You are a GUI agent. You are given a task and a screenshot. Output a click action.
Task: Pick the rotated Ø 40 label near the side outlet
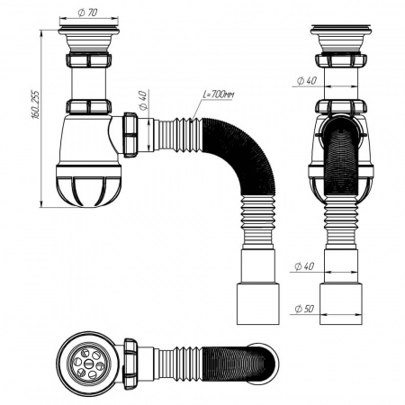tap(143, 98)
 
